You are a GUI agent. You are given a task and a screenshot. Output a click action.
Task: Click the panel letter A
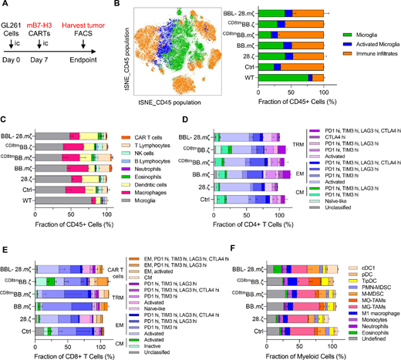pyautogui.click(x=6, y=5)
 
